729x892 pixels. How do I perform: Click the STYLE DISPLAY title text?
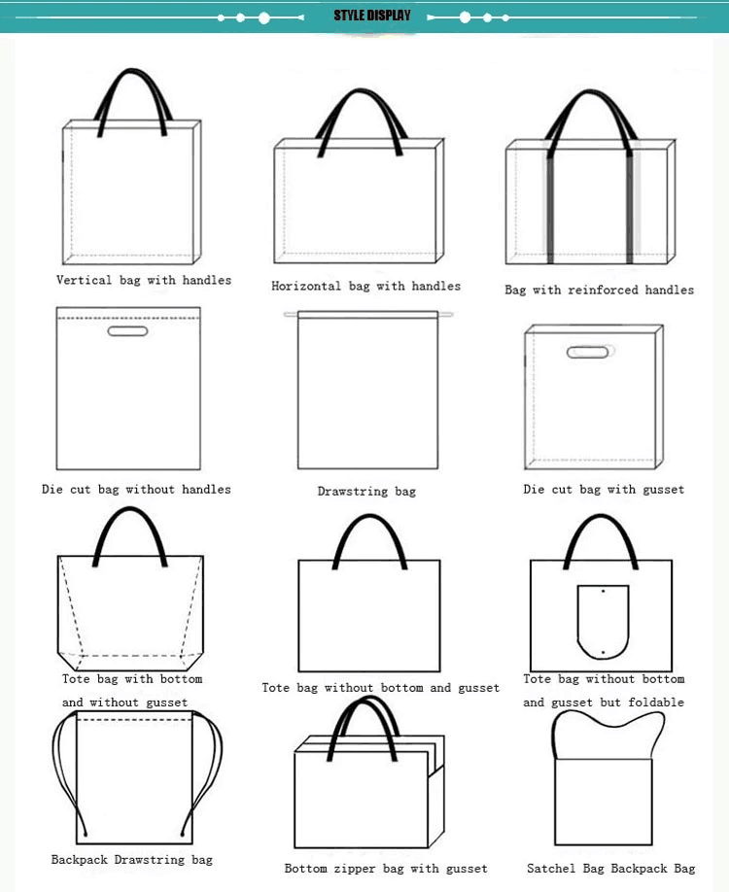(372, 16)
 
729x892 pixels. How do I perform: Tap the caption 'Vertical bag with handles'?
(144, 280)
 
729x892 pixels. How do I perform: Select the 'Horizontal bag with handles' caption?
(365, 286)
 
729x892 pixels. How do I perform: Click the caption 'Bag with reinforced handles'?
(600, 290)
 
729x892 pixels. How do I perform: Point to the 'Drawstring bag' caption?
(366, 491)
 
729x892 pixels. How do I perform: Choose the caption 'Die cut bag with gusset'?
(604, 489)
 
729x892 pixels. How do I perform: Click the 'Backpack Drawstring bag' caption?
(132, 859)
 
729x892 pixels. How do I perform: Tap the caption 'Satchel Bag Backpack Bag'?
(611, 868)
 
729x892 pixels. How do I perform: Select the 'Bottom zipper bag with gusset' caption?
(386, 868)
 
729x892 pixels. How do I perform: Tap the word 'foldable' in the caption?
(656, 702)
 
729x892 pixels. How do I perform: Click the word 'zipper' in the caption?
(354, 869)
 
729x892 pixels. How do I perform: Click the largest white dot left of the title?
(264, 18)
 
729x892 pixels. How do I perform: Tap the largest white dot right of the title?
(465, 17)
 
